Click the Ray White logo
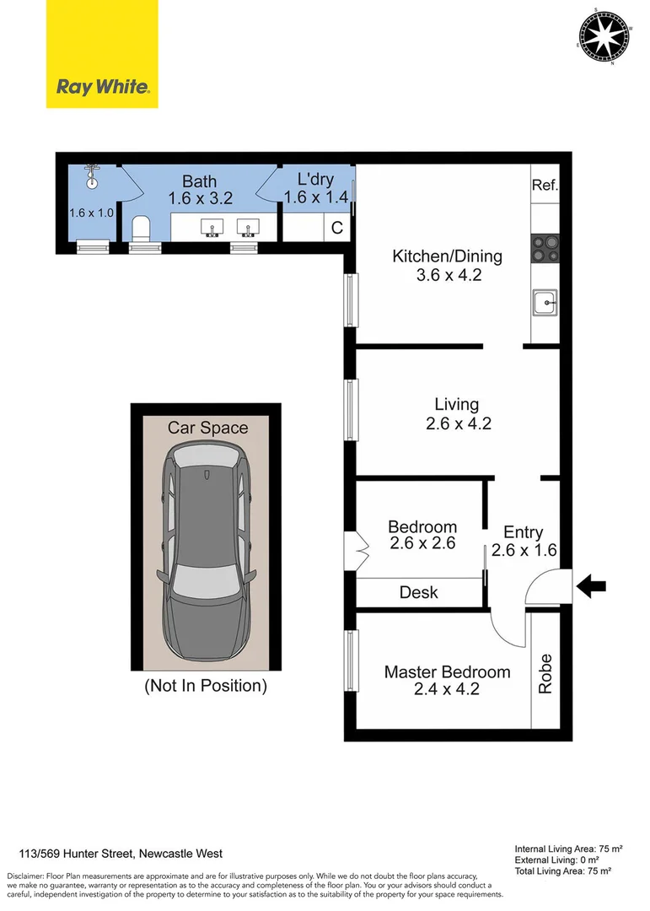(102, 54)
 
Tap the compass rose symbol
(604, 36)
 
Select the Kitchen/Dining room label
(448, 256)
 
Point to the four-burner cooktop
(545, 249)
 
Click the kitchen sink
(545, 303)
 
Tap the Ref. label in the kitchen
(545, 185)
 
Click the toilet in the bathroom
(141, 229)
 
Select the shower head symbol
(92, 176)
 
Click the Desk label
(418, 593)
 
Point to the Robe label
(545, 673)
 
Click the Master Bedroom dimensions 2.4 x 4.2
(447, 689)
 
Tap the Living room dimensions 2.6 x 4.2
(459, 423)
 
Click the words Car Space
(208, 428)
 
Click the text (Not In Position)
(206, 686)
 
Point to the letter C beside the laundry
(337, 228)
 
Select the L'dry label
(315, 179)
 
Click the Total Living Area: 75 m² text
(563, 871)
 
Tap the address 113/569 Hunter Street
(76, 854)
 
